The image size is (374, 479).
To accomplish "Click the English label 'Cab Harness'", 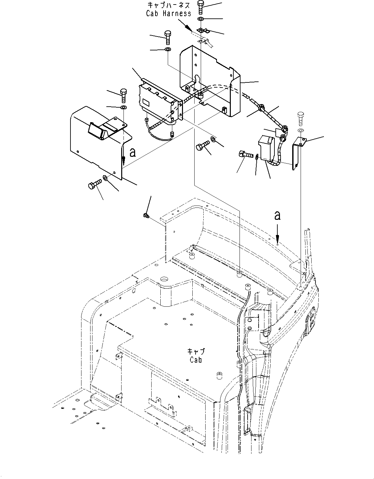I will (x=168, y=13).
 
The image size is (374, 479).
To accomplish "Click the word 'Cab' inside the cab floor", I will (x=196, y=359).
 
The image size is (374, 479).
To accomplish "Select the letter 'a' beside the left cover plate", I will (x=132, y=152).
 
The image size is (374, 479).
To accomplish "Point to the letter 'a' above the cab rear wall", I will (x=277, y=216).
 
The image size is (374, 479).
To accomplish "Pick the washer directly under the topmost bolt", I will (x=201, y=19).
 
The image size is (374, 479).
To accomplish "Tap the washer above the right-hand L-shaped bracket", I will (x=301, y=130).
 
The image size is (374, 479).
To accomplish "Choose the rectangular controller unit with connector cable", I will (x=158, y=100).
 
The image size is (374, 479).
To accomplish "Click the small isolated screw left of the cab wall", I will (x=146, y=215).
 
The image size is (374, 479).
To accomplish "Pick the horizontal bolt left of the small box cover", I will (x=246, y=154).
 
